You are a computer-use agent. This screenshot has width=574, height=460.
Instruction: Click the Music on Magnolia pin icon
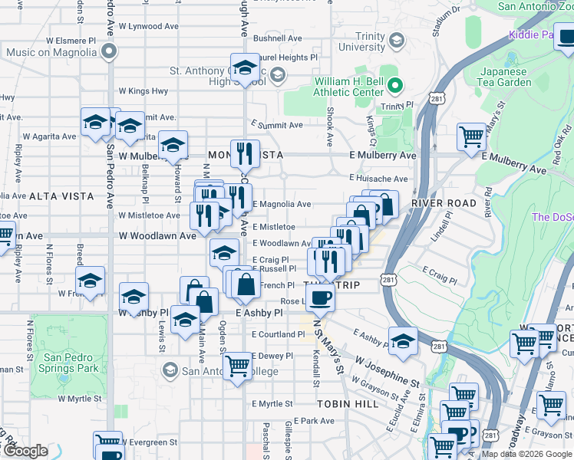click(x=109, y=52)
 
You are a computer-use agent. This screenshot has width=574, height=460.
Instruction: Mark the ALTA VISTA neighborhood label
click(x=61, y=196)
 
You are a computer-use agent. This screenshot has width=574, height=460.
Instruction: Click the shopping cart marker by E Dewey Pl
click(x=238, y=365)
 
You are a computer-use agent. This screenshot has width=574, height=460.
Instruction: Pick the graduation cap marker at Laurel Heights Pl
click(x=245, y=68)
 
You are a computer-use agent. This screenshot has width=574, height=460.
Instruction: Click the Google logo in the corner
click(x=25, y=452)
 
